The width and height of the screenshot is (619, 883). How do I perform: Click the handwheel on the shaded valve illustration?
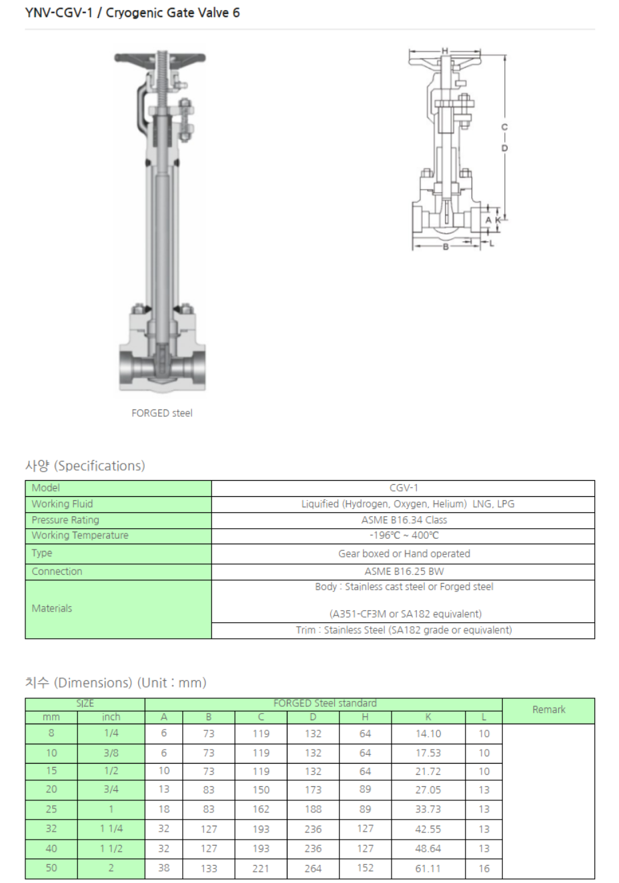(160, 59)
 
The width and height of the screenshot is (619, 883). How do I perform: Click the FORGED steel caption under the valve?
(162, 413)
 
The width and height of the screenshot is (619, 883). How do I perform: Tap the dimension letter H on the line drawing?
(445, 51)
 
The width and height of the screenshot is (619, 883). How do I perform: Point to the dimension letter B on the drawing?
(446, 247)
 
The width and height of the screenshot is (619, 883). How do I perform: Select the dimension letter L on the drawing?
(492, 243)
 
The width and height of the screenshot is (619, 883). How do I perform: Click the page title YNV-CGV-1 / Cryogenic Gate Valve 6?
(132, 13)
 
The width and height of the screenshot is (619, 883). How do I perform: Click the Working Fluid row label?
(62, 504)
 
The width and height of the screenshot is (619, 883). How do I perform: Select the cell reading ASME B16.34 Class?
(404, 520)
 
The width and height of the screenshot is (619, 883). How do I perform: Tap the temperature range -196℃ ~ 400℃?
(404, 536)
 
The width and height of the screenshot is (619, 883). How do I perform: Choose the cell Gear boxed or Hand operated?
(404, 554)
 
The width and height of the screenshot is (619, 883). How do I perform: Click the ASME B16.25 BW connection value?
(404, 572)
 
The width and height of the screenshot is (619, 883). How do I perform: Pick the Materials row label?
(52, 608)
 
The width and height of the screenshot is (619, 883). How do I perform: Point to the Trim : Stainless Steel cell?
(404, 630)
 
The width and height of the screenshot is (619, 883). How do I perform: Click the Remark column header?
(548, 710)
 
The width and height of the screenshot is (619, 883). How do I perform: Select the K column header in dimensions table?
(428, 717)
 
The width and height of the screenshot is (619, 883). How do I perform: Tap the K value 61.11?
(428, 868)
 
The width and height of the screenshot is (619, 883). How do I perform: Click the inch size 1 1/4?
(111, 828)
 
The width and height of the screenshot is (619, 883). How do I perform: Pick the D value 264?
(313, 868)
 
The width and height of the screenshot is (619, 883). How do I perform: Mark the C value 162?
(261, 809)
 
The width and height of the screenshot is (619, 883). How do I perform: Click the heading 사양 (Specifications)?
(85, 466)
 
